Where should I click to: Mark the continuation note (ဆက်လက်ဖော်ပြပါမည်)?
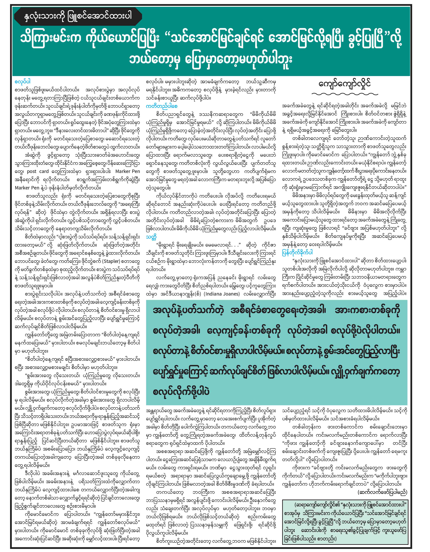pyautogui.click(x=382, y=492)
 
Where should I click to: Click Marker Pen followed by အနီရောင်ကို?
pyautogui.click(x=128, y=171)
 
